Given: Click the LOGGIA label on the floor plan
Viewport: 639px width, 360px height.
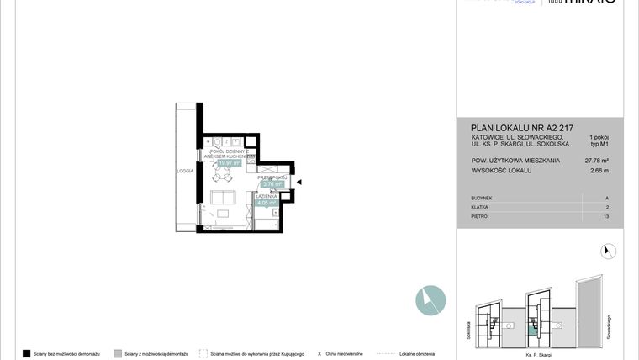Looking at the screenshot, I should [185, 171].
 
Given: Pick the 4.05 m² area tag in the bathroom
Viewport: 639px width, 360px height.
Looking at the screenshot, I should [267, 203].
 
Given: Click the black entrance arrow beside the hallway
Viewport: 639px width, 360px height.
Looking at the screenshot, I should [298, 181].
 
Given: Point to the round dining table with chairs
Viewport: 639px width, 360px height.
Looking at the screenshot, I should [224, 176].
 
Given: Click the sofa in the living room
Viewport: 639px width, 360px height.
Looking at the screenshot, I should [223, 199].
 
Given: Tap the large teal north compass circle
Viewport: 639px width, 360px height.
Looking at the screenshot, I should [430, 299].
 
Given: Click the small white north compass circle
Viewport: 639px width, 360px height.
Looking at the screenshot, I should [610, 250].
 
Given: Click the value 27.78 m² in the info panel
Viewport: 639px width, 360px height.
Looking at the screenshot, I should [595, 159].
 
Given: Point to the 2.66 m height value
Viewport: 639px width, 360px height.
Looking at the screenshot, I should [599, 171].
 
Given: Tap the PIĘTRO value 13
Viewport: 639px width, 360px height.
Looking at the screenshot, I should [606, 216].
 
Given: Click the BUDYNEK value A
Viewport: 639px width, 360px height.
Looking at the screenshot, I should [607, 198].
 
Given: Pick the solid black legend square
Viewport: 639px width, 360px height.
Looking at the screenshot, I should [26, 354].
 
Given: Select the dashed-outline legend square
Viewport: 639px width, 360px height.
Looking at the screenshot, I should [203, 354].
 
